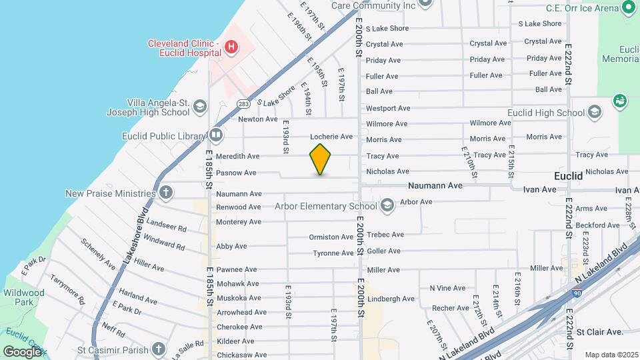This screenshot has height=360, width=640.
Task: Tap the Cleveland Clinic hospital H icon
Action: (x=231, y=47)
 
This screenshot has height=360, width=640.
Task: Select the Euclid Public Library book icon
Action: (x=215, y=135)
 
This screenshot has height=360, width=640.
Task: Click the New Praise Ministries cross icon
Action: (x=166, y=193)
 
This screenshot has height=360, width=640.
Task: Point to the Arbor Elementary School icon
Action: (x=387, y=205)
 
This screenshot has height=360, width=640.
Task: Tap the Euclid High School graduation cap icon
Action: (x=595, y=113)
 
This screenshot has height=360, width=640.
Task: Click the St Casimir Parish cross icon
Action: (x=158, y=349)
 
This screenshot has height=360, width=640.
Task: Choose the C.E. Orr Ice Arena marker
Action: (x=628, y=8)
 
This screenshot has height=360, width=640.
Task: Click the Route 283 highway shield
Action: (x=243, y=103)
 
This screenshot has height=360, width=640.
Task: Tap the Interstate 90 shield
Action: (x=575, y=293)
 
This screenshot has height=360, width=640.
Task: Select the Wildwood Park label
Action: (x=23, y=297)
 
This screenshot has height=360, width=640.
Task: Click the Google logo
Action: (x=22, y=351)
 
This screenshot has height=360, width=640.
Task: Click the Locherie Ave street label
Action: (x=331, y=137)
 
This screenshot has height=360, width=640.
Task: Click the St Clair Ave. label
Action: (x=599, y=331)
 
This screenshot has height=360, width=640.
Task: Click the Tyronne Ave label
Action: (x=333, y=253)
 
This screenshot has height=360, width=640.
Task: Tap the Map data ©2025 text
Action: (x=611, y=355)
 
